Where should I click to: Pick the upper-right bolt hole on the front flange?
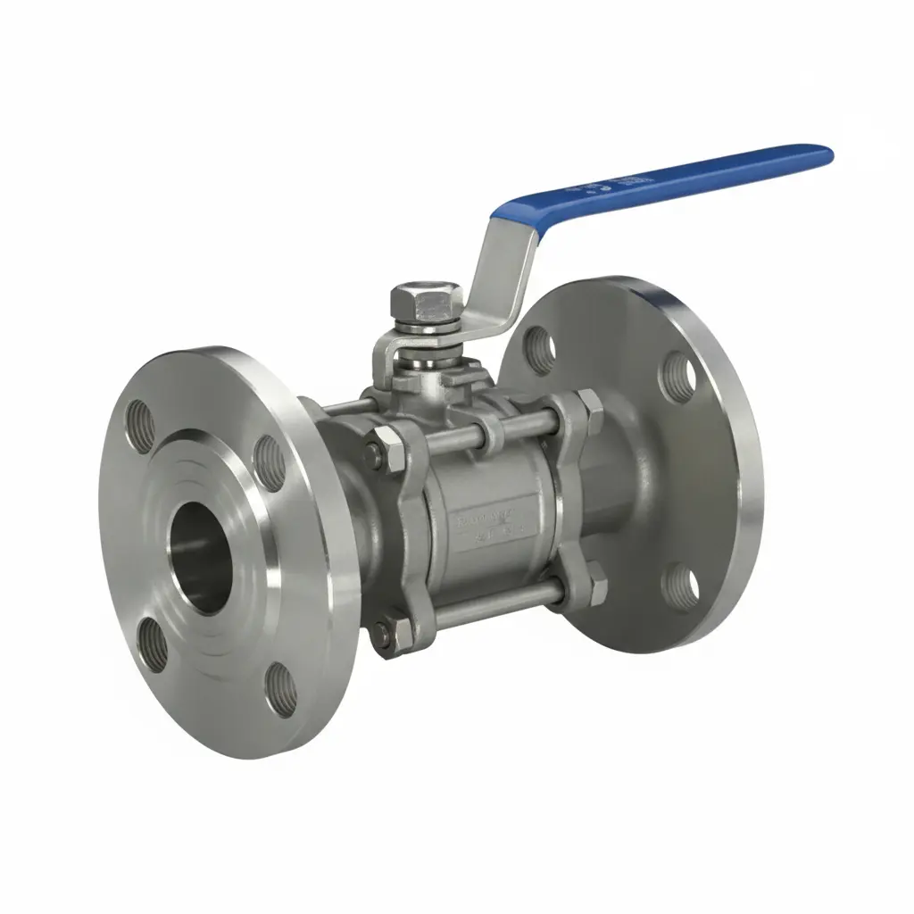(270, 463)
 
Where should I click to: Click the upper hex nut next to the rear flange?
(590, 407)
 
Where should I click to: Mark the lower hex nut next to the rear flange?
(590, 586)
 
